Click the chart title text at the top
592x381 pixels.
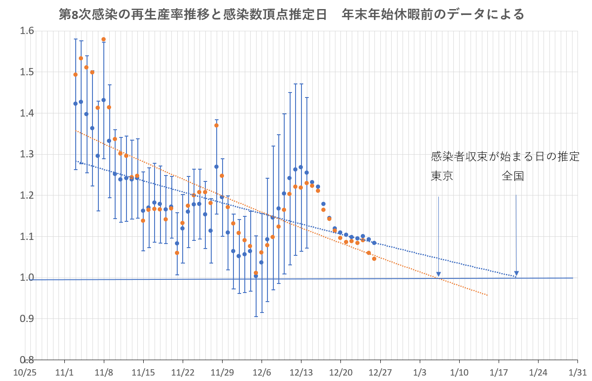(291, 15)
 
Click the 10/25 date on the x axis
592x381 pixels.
(25, 372)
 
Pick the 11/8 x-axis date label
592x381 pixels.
(104, 372)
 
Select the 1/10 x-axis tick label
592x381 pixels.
(459, 372)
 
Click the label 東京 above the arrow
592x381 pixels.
(442, 176)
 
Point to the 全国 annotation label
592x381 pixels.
(513, 176)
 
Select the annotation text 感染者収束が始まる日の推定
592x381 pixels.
(505, 157)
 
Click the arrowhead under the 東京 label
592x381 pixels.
(438, 274)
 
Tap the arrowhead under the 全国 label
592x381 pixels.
(516, 274)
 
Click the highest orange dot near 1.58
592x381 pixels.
(103, 39)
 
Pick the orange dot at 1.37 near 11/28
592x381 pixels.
(216, 125)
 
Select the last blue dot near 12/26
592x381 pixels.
(374, 243)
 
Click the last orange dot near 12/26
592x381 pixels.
(374, 259)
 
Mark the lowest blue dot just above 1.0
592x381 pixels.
(256, 276)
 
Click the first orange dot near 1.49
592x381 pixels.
(75, 74)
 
